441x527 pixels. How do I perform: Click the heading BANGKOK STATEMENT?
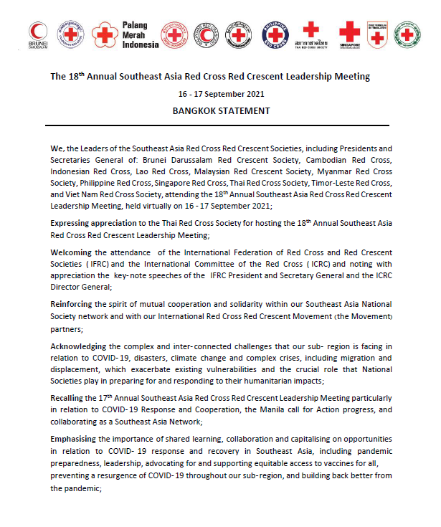click(221, 111)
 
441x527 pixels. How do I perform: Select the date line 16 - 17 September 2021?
click(221, 94)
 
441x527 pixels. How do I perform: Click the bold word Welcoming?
click(72, 252)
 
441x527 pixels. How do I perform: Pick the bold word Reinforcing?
click(72, 305)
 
